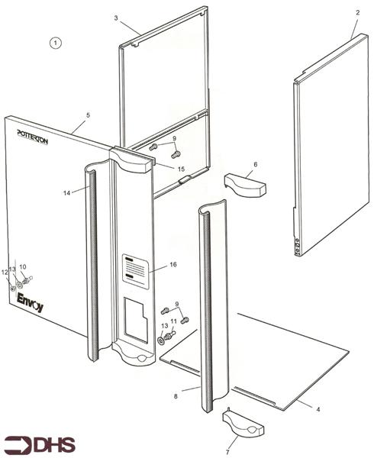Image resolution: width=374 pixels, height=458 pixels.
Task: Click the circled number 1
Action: point(54,43)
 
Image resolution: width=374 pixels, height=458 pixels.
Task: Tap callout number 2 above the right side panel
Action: point(356,14)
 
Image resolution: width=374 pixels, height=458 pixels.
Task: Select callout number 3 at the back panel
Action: point(115,17)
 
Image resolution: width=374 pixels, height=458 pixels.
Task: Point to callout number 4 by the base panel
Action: point(318,410)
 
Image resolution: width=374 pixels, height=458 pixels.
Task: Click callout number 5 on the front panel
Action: point(88,114)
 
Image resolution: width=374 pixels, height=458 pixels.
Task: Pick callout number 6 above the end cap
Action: point(255,164)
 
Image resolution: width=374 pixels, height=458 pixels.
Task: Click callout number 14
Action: point(66,194)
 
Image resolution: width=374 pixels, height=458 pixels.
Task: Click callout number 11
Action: point(173,322)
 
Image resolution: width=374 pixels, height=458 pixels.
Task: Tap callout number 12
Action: point(4,273)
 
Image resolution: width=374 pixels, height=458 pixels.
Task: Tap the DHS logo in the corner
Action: point(30,443)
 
